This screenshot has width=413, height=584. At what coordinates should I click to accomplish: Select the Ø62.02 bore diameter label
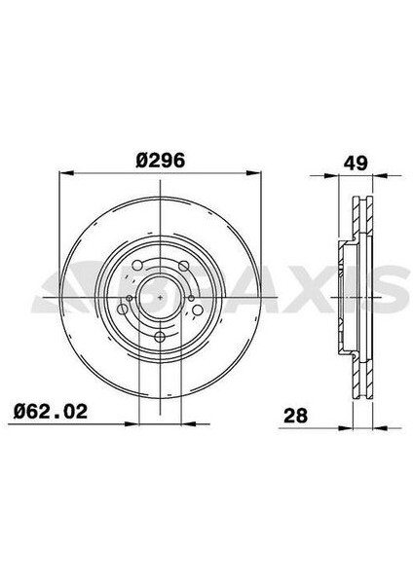click(55, 414)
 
